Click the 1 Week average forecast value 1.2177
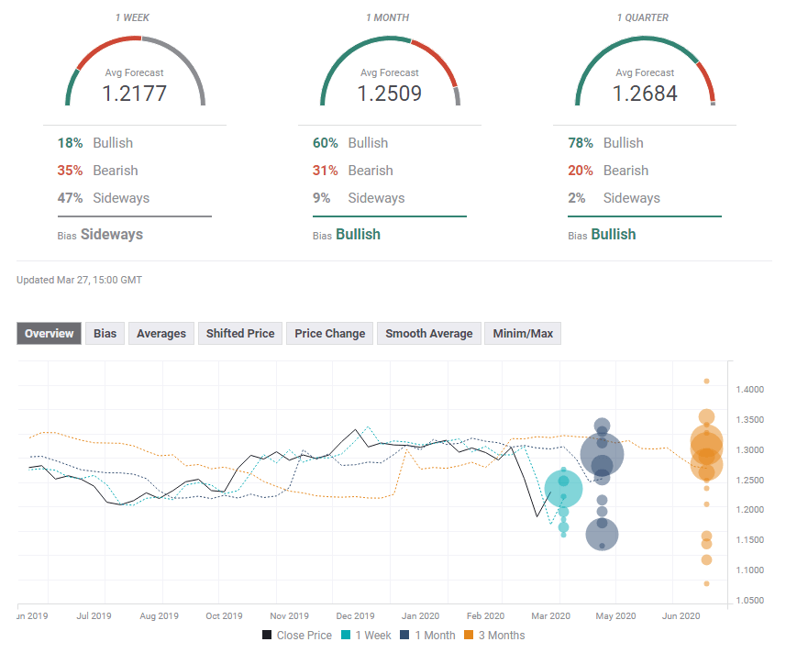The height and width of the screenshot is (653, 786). [x=135, y=93]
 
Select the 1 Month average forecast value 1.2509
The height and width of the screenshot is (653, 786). [x=390, y=93]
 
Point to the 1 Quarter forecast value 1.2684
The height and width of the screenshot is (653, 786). [x=645, y=93]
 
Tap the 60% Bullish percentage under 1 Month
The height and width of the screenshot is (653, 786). [x=326, y=143]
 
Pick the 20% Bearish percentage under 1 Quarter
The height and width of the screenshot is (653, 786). [x=581, y=171]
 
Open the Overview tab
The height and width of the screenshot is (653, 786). [x=49, y=334]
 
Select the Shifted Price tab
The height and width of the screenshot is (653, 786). [x=240, y=334]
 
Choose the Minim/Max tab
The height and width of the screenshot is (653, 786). [x=523, y=334]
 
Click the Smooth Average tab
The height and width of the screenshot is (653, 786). [x=428, y=334]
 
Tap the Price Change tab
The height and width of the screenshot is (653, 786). [x=329, y=334]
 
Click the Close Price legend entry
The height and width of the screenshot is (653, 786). [x=298, y=635]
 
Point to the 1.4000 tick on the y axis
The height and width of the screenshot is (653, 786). [x=749, y=390]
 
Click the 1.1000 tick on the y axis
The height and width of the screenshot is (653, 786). [x=749, y=570]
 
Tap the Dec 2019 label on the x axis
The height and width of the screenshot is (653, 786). [x=355, y=616]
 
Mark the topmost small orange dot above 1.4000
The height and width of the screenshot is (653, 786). [x=706, y=381]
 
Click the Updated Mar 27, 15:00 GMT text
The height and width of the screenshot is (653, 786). [x=79, y=280]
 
